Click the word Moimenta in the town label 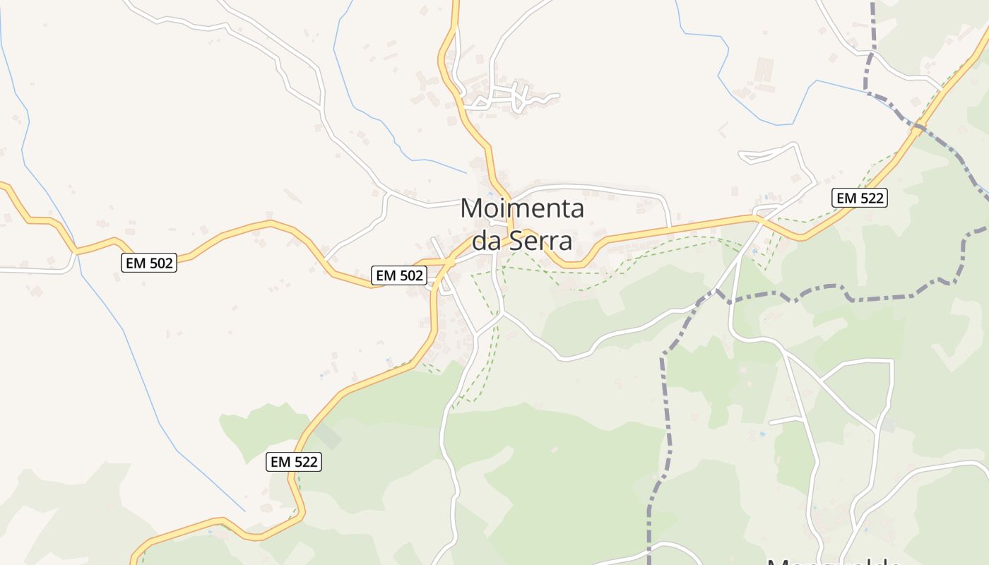point(522,209)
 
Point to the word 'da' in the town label point(487,241)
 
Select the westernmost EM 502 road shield point(148,263)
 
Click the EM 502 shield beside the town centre point(400,275)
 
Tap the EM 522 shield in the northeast point(858,198)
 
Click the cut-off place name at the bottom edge point(834,562)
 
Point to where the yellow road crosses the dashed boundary point(917,128)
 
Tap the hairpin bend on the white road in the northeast point(742,156)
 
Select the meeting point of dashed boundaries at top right point(869,93)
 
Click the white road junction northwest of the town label point(387,191)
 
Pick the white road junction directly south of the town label point(502,314)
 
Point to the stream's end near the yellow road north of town point(466,172)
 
